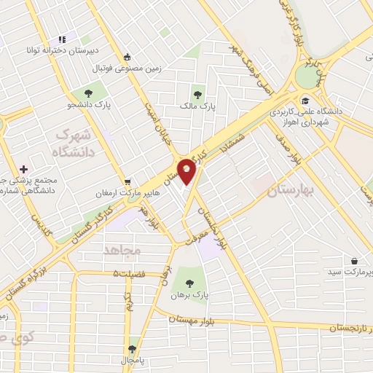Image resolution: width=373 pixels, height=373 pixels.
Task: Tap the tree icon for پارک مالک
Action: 197,93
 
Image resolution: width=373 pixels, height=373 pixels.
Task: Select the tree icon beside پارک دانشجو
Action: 88,93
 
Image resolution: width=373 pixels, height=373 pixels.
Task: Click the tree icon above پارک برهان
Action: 190,283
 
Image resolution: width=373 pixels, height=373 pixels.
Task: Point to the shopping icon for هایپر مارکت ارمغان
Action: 128,181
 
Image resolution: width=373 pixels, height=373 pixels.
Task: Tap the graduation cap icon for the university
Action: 306,101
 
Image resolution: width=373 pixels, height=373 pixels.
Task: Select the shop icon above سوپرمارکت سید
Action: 354,260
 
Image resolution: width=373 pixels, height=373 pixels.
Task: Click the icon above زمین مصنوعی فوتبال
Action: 127,57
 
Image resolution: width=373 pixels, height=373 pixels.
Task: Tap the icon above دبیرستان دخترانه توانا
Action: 62,39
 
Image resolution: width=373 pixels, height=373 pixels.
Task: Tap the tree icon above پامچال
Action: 132,349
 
